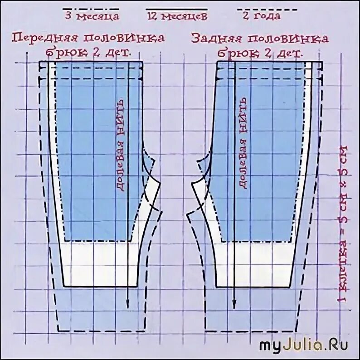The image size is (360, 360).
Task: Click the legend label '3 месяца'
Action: tap(92, 17)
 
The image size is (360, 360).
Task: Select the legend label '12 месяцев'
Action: tap(177, 17)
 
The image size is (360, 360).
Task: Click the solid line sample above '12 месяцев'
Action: tap(176, 9)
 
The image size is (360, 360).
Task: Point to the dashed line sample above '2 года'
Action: tap(268, 9)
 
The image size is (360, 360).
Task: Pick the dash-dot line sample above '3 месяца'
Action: tap(91, 9)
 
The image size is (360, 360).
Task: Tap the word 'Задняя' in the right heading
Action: tap(215, 38)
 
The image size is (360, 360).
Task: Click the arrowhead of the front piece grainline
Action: tap(128, 305)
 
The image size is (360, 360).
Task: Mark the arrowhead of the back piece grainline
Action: tap(234, 305)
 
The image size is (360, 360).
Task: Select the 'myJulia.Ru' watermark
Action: tap(304, 345)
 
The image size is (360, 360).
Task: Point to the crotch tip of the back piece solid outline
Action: tap(193, 183)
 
